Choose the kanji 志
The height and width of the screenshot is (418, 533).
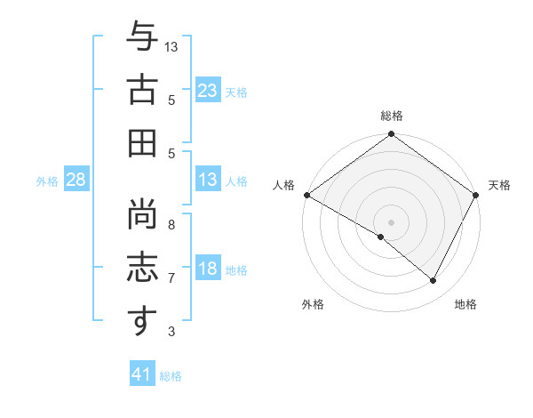(x=141, y=267)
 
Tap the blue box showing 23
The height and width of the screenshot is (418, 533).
(x=208, y=90)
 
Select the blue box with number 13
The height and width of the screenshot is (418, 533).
(x=208, y=180)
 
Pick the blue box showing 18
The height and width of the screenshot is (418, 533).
(x=208, y=269)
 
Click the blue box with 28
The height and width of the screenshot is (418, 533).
(x=76, y=180)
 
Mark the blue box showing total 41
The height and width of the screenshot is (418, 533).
(x=142, y=374)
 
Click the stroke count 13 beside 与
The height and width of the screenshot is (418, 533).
(x=171, y=45)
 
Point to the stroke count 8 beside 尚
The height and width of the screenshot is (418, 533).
(x=171, y=225)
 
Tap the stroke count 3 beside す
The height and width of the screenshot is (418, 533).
(x=171, y=332)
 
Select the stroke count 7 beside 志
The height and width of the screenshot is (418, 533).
(x=171, y=278)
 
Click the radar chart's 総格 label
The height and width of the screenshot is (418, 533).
(x=392, y=116)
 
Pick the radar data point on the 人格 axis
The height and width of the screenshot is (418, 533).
(x=306, y=195)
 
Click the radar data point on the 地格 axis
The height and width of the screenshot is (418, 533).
(x=434, y=281)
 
